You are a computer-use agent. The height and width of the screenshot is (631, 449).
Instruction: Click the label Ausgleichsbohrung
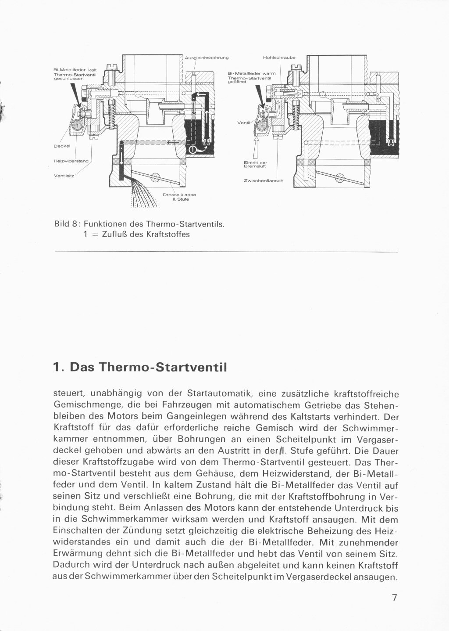207,58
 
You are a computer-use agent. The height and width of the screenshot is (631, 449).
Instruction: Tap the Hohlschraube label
279,58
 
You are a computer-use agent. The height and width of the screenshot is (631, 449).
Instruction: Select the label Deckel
62,146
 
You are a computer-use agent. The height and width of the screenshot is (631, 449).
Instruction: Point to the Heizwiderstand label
71,161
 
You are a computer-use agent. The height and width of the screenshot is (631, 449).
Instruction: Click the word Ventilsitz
64,176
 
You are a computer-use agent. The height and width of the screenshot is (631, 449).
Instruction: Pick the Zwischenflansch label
264,180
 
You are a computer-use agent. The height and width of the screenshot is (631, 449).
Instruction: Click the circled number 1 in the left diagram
192,150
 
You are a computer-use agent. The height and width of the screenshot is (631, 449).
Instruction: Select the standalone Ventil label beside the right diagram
244,123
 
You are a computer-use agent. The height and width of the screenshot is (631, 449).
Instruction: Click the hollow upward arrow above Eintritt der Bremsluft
256,148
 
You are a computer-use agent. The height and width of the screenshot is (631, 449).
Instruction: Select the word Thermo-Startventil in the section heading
163,368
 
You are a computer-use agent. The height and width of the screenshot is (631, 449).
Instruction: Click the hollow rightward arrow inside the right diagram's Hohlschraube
292,93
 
